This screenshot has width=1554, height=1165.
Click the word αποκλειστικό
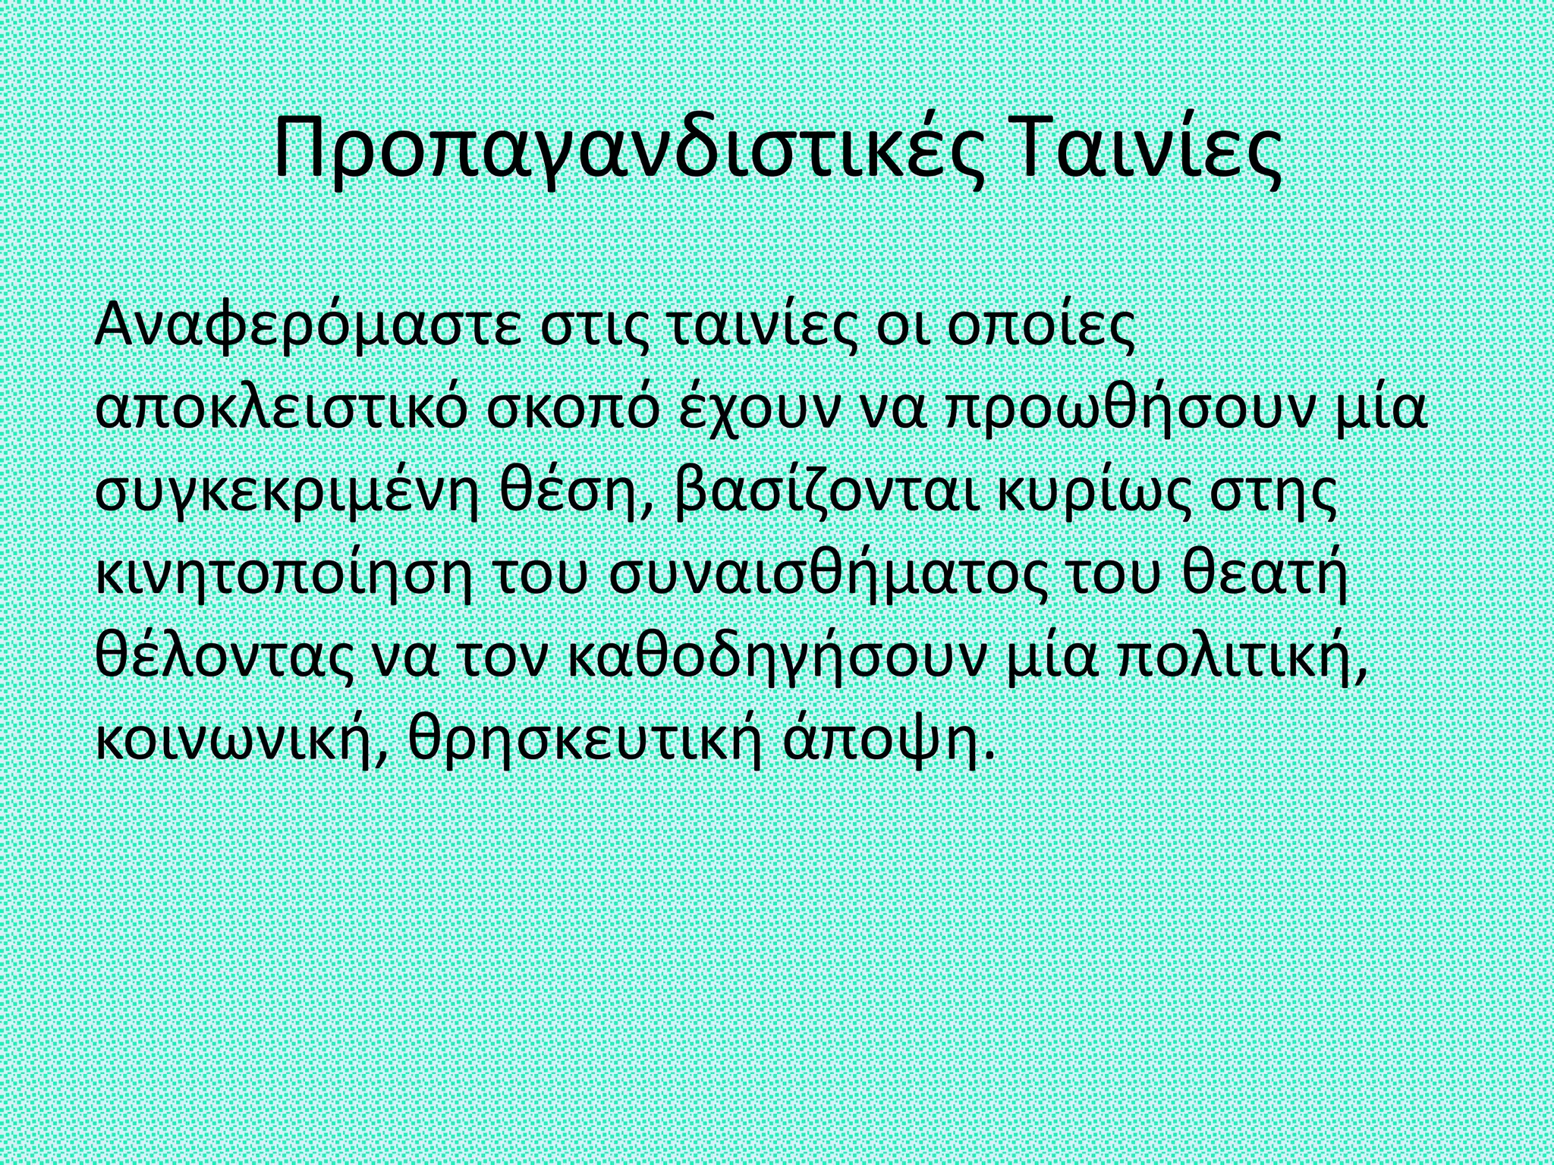(279, 412)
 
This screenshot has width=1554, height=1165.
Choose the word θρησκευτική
(585, 745)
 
